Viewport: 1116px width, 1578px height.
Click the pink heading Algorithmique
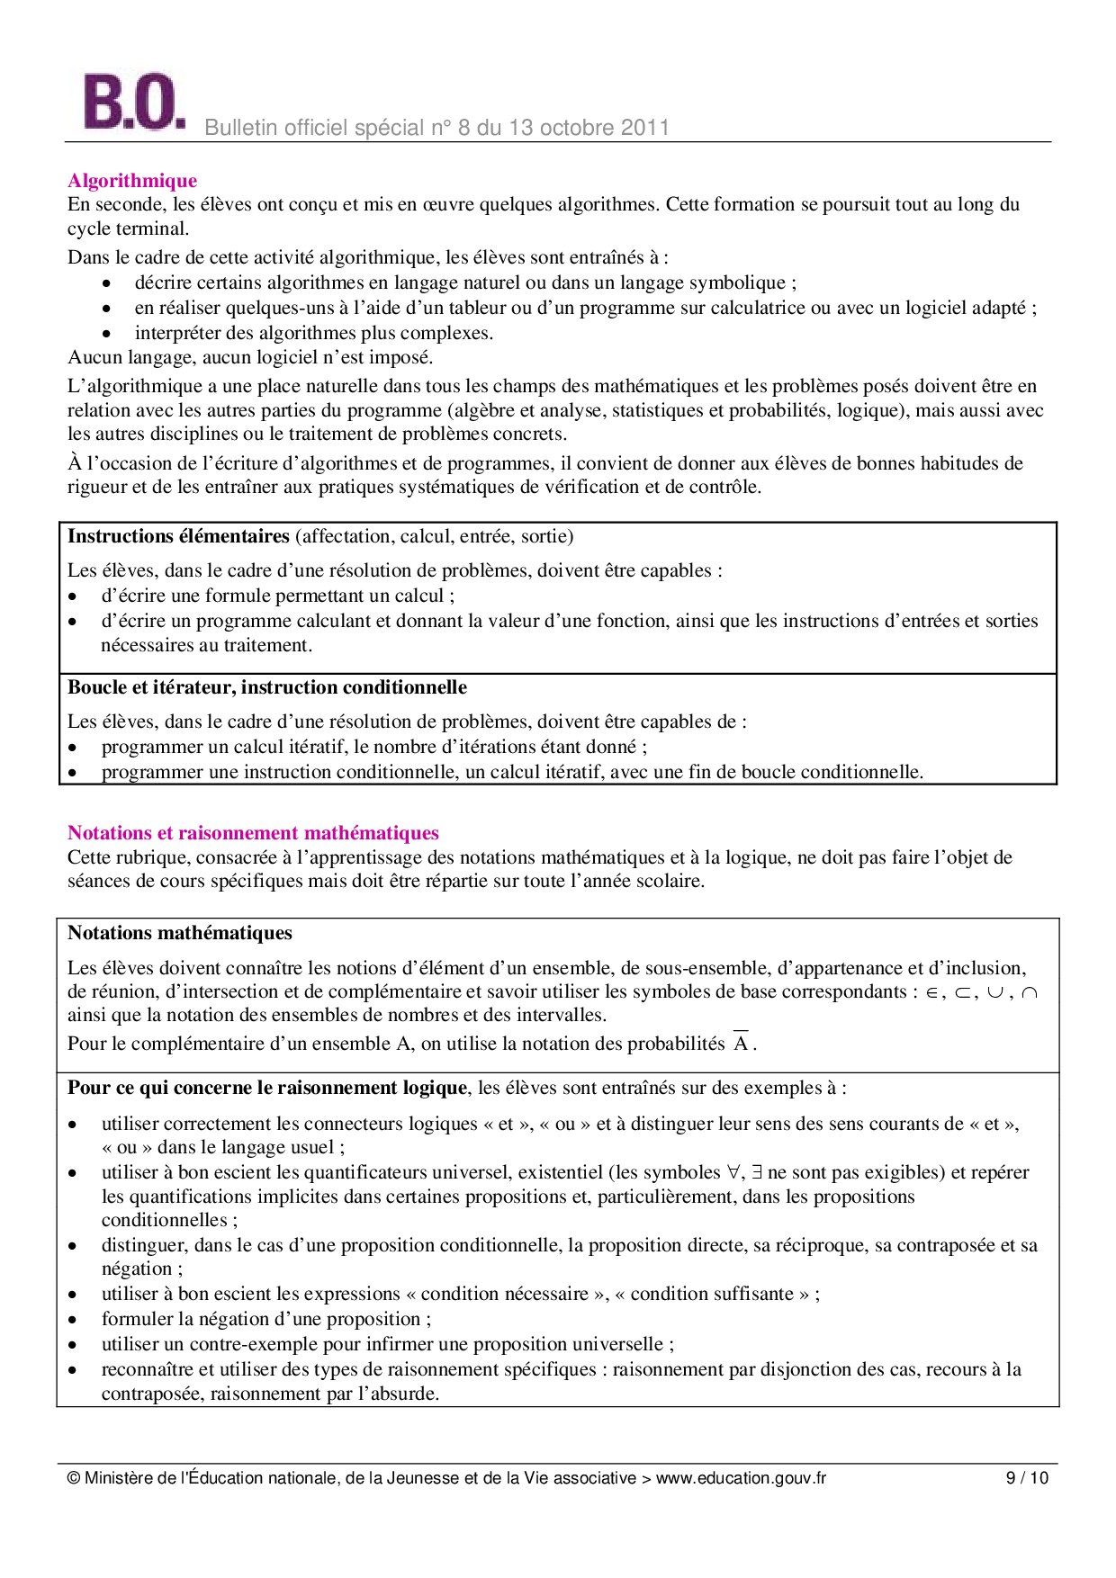click(x=132, y=181)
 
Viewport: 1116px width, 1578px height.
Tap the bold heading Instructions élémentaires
click(x=178, y=536)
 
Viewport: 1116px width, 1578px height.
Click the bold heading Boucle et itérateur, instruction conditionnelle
click(x=267, y=687)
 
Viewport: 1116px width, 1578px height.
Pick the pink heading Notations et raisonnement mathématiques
click(x=253, y=833)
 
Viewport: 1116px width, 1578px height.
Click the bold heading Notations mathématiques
click(x=180, y=933)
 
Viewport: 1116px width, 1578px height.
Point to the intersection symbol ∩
click(x=1030, y=993)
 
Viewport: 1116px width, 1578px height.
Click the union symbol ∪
click(x=995, y=993)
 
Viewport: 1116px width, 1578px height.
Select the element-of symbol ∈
click(x=931, y=993)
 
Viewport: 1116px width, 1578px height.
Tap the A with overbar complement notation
click(x=741, y=1044)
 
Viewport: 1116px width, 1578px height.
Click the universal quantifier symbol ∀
click(x=733, y=1173)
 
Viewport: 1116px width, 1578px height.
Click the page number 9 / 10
click(x=1027, y=1478)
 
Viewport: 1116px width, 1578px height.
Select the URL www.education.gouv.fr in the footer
click(x=741, y=1478)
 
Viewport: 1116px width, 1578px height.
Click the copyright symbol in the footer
click(x=74, y=1478)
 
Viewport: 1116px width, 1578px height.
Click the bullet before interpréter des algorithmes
click(x=106, y=333)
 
